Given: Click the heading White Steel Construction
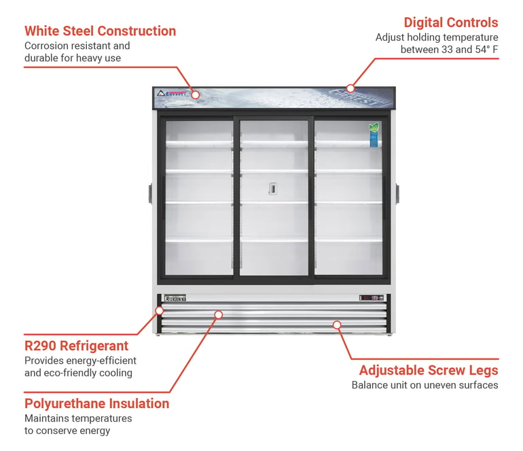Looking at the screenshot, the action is point(100,31).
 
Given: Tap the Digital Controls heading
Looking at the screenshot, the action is point(451,22).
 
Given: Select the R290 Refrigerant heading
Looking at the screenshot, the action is point(76,346).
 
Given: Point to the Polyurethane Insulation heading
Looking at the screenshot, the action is point(96,403).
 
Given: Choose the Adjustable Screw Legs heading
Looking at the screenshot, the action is point(429,370).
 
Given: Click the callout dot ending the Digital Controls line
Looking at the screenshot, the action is point(350,88).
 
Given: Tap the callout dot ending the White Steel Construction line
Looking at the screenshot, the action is point(196,95).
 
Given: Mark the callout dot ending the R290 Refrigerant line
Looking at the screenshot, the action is point(160,311).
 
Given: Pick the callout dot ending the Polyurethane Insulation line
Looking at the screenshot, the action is point(219,314).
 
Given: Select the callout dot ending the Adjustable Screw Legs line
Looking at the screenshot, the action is point(337,324).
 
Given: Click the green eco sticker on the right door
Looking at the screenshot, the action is point(374,135).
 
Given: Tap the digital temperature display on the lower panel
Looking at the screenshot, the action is point(372,298).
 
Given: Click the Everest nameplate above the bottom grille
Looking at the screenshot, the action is point(175,298).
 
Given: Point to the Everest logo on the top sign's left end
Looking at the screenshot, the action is point(171,93).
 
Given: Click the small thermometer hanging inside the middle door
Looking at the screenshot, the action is point(273,188).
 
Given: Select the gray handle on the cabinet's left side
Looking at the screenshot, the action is point(150,193).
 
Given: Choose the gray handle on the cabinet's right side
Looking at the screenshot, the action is point(397,193).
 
